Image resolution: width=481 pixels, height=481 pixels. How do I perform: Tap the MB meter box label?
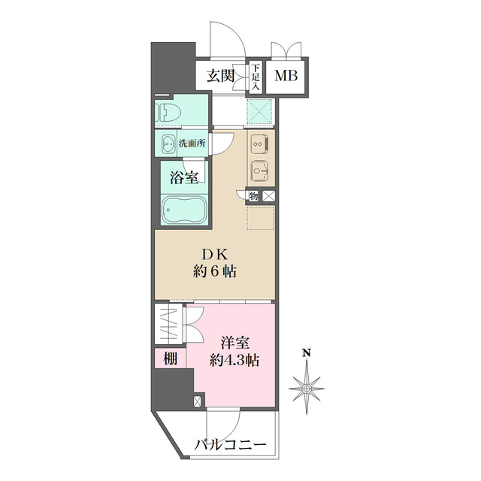tap(285, 76)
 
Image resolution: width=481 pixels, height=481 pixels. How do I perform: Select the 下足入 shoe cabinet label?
tap(256, 76)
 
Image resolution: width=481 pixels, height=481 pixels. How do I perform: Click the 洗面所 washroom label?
tap(192, 143)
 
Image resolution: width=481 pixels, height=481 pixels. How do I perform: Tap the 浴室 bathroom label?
tap(183, 178)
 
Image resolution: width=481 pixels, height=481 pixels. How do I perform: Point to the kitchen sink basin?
tap(259, 171)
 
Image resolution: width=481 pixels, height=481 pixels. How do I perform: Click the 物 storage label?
tap(253, 196)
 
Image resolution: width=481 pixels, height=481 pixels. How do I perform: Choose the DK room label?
tap(214, 254)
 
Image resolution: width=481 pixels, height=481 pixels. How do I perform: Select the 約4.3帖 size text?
tap(234, 360)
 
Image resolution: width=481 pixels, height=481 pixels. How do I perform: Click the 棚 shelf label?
tap(171, 358)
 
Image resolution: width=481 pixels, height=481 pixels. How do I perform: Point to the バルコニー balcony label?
tap(231, 445)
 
